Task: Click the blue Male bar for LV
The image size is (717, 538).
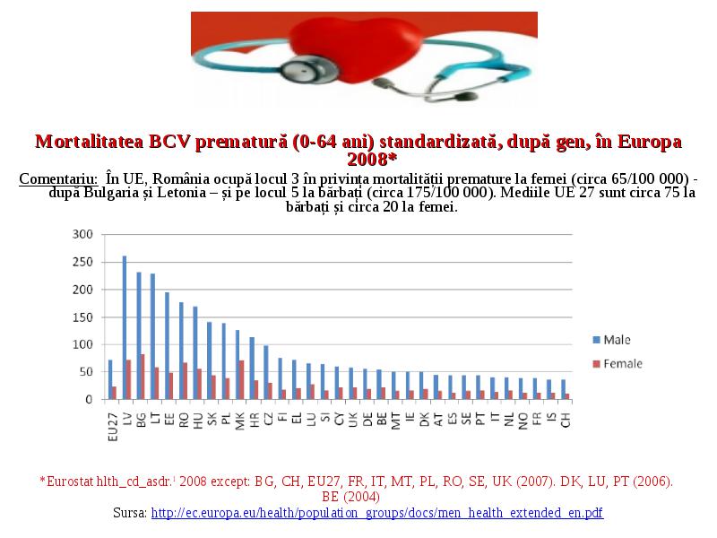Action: click(x=125, y=327)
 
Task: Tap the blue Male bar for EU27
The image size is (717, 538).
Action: click(x=110, y=379)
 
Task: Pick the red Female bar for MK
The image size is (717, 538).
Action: click(x=241, y=380)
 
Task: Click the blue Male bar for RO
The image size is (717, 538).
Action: click(x=181, y=351)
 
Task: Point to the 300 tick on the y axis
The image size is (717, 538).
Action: click(x=82, y=234)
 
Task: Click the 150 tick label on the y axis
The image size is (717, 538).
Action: click(x=82, y=317)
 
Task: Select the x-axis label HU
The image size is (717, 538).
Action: click(x=198, y=421)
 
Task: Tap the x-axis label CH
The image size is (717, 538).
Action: click(x=566, y=420)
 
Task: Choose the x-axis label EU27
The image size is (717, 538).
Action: click(x=113, y=427)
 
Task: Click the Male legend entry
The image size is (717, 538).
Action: click(x=611, y=340)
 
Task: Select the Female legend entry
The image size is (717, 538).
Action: click(x=618, y=364)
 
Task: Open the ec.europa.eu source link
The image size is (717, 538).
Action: click(x=376, y=513)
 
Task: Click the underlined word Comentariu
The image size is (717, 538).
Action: click(x=58, y=178)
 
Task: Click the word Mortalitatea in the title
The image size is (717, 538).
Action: click(x=90, y=142)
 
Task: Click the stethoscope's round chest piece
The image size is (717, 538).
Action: click(x=303, y=72)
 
